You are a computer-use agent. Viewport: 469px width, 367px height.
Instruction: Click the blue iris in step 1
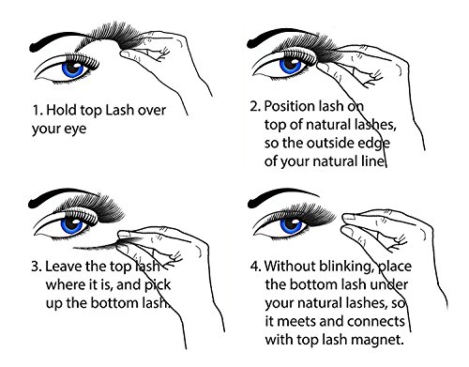(x=73, y=69)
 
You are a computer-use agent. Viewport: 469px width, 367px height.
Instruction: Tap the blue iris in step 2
(x=290, y=66)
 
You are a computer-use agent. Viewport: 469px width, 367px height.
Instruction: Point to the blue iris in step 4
(x=292, y=225)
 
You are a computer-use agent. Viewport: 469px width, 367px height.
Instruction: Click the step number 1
(x=37, y=111)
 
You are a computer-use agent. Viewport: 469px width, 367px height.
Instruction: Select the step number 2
(x=255, y=107)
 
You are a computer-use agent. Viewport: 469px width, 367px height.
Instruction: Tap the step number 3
(x=36, y=267)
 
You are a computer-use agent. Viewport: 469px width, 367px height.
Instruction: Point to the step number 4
(x=255, y=267)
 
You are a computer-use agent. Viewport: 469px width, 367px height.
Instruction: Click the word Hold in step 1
(x=62, y=110)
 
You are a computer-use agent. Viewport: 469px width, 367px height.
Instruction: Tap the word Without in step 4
(x=290, y=266)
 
